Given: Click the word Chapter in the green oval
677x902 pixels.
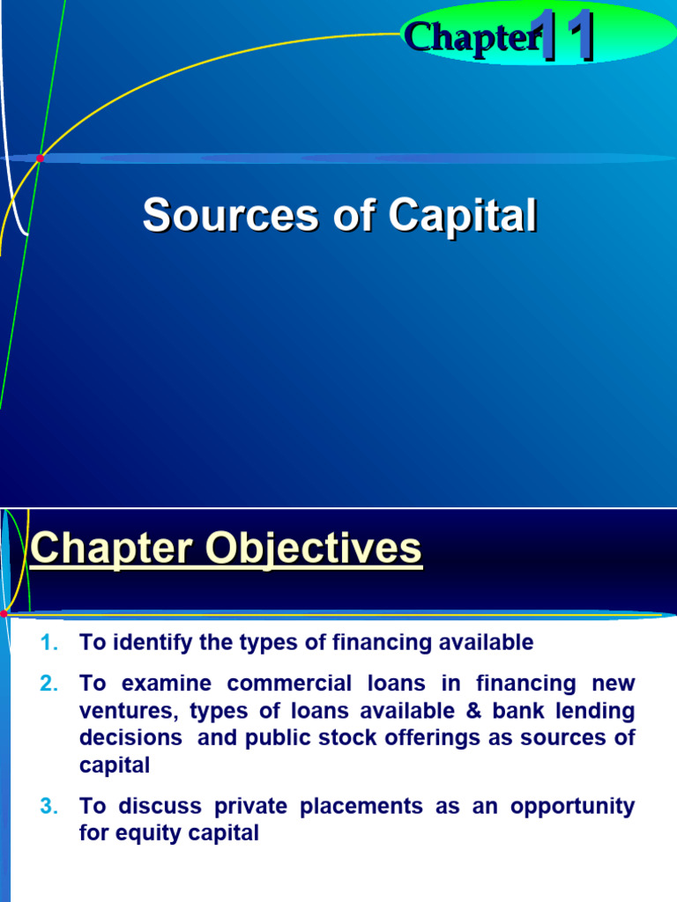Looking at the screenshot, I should click(x=471, y=37).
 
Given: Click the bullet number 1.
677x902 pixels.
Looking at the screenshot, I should click(x=49, y=643).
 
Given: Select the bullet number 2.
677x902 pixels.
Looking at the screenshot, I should click(x=49, y=684).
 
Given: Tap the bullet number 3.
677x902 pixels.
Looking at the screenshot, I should click(x=49, y=806).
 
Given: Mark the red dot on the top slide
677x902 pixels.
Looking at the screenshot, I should click(x=40, y=158).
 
